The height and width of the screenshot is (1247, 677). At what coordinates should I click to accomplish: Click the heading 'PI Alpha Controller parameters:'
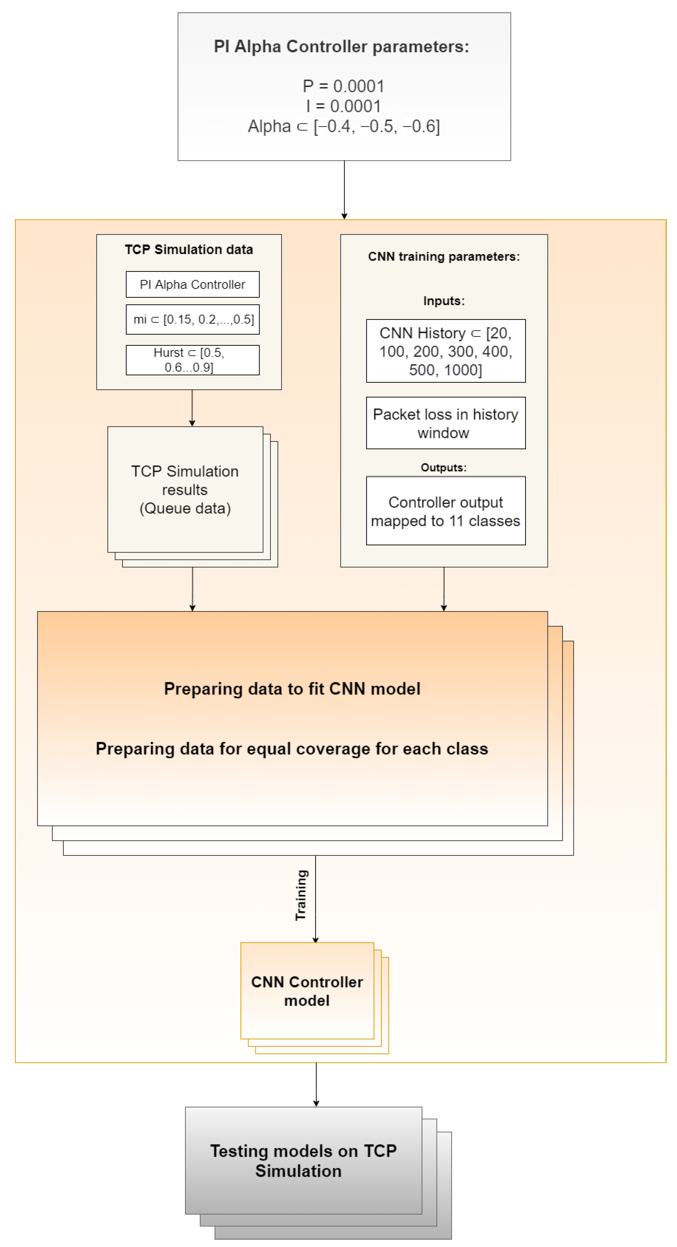click(x=342, y=47)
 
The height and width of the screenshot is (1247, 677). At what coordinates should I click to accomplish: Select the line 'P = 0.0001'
click(x=343, y=86)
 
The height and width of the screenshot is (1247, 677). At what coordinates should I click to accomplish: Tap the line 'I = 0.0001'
click(x=343, y=106)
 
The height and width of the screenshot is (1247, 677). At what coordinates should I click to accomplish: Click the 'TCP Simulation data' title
click(x=189, y=249)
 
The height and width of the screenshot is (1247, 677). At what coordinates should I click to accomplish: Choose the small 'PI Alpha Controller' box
click(x=192, y=285)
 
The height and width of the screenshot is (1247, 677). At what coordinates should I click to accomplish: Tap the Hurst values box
click(x=192, y=360)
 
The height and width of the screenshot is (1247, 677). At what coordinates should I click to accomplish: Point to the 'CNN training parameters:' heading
click(x=443, y=256)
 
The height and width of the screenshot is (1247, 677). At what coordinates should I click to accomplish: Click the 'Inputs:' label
click(x=443, y=301)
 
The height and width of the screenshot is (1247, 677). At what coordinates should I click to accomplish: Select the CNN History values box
click(x=445, y=351)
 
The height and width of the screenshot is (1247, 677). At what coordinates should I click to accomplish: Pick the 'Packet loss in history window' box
click(x=445, y=423)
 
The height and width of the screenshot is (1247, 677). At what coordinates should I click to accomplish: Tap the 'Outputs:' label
click(x=443, y=468)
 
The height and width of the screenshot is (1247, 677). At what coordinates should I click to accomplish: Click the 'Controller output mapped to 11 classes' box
click(x=445, y=511)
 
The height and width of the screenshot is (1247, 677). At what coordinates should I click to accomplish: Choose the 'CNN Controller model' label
click(x=307, y=991)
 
